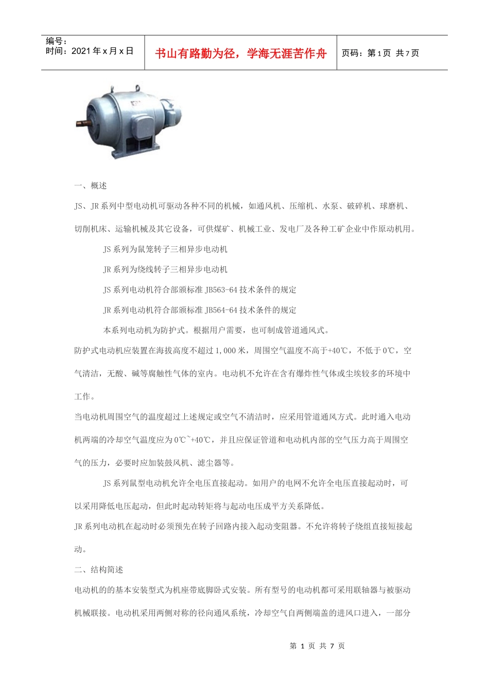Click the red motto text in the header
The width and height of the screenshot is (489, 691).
click(240, 53)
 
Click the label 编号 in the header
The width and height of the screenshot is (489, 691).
click(56, 41)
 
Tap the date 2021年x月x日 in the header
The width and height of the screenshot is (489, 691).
click(102, 51)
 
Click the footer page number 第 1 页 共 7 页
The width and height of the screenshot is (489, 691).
click(317, 646)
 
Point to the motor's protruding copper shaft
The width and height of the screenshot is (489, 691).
click(82, 123)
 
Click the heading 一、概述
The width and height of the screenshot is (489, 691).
click(91, 186)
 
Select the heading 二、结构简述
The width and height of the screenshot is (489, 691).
click(99, 570)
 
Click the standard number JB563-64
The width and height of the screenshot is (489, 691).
click(221, 290)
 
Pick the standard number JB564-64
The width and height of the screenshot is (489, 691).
click(221, 310)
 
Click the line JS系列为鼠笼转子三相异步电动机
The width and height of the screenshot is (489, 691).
click(165, 249)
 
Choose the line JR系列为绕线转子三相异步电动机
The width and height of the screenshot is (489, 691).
click(165, 269)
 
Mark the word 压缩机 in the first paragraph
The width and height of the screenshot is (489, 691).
click(301, 206)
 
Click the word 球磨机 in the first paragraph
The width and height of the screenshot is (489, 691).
click(392, 206)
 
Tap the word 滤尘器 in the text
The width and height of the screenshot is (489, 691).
click(209, 463)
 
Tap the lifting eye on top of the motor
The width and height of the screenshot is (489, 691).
click(137, 88)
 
